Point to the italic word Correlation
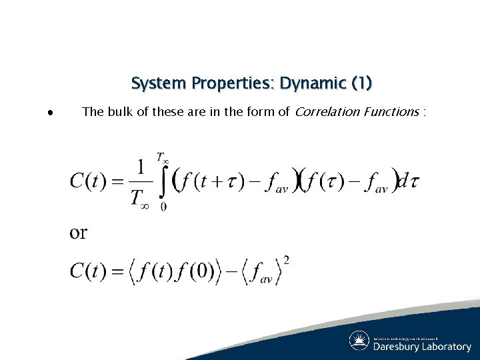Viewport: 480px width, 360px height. tap(326, 112)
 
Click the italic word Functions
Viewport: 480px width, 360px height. tap(390, 112)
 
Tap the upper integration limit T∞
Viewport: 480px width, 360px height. tap(162, 158)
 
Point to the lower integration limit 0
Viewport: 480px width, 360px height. tap(163, 207)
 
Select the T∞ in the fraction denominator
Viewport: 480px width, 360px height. tap(140, 198)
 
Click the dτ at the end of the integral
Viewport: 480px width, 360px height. tap(408, 181)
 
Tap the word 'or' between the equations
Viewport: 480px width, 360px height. tap(79, 233)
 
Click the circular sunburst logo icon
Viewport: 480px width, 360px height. tap(359, 341)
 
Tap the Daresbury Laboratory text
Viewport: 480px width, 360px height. tap(422, 347)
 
